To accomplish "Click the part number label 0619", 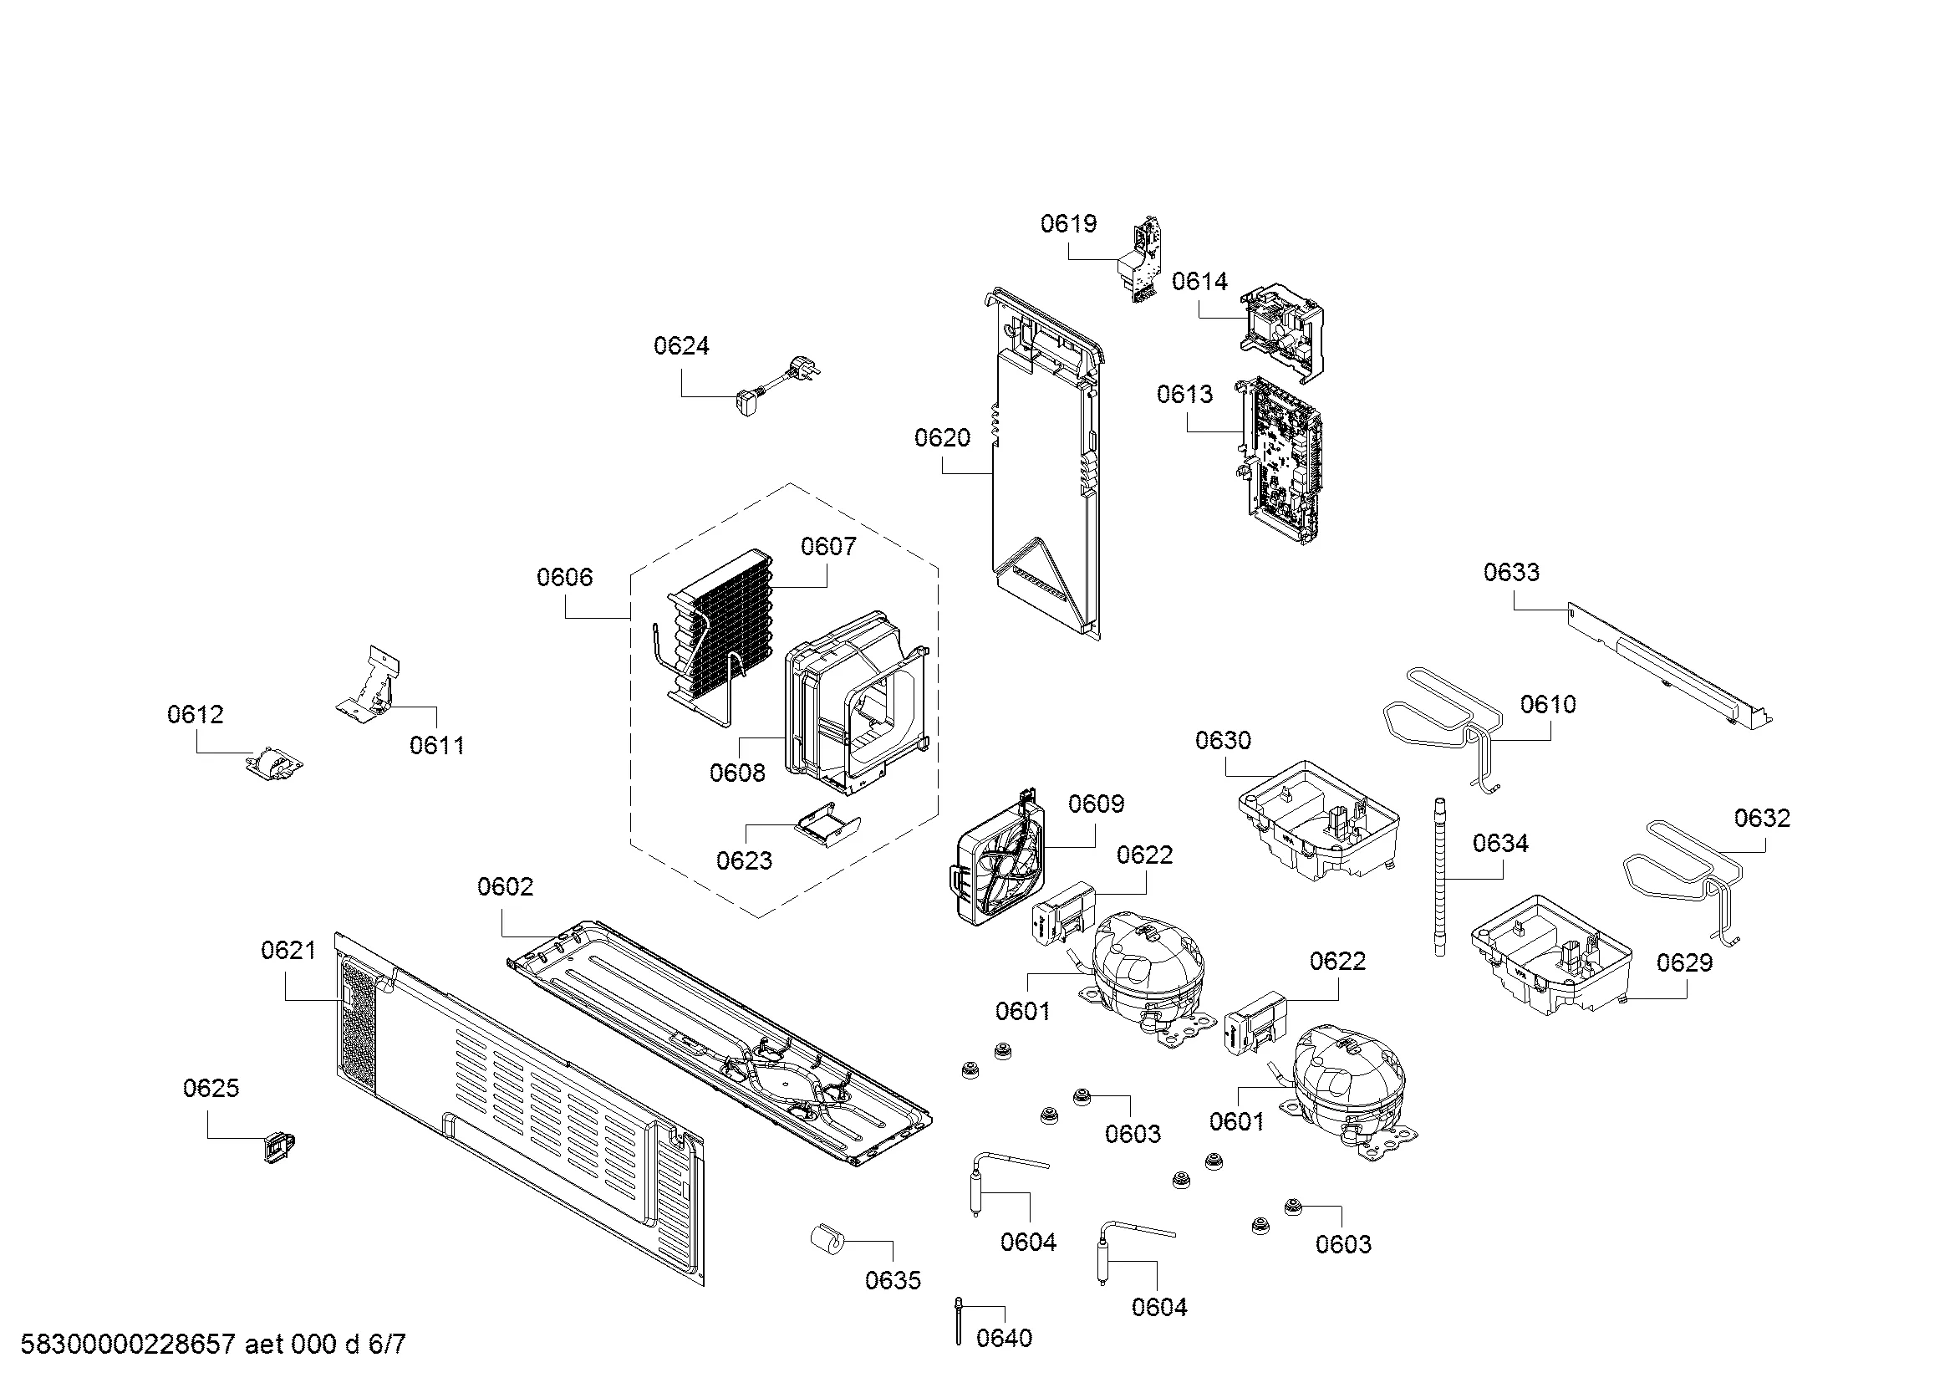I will [x=1069, y=224].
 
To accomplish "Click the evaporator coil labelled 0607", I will [x=720, y=630].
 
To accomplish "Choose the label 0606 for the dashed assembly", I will [x=563, y=578].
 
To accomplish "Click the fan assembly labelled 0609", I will [x=997, y=861].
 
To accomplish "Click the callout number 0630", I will [x=1223, y=740].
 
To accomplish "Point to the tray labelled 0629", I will [x=1550, y=954].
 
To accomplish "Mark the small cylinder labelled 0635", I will [x=826, y=1238].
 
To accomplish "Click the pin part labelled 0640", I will [x=960, y=1321].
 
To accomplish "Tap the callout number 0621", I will [x=288, y=951].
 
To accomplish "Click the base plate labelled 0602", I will [x=715, y=1039].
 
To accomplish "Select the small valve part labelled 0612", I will [x=274, y=763].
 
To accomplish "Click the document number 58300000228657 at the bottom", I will [x=127, y=1344].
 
